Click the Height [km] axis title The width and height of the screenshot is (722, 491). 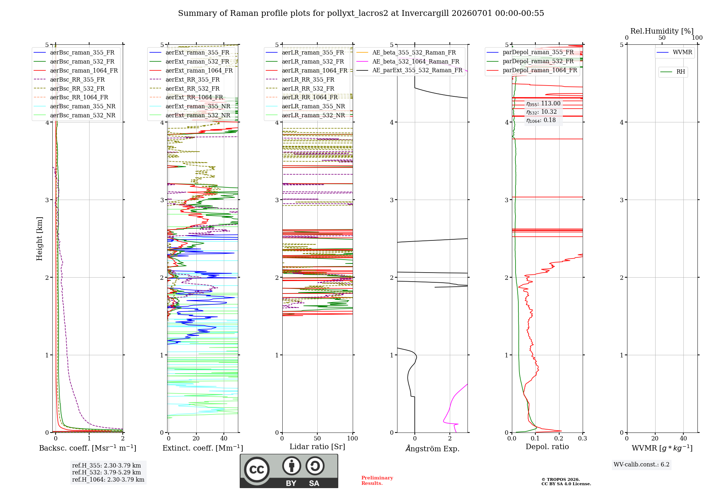tap(39, 239)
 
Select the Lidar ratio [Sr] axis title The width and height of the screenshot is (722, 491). tap(317, 447)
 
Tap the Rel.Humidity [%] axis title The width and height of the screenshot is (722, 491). tap(662, 31)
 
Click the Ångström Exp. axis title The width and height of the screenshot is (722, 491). tap(432, 448)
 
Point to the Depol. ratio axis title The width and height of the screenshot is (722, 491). tap(547, 447)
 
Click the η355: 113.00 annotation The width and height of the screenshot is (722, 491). tap(543, 104)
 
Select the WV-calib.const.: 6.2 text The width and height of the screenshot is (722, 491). tap(641, 465)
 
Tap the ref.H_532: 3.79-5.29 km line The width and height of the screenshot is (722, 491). tap(106, 473)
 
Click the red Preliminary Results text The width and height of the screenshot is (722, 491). tap(377, 481)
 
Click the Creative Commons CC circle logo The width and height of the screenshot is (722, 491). tap(257, 469)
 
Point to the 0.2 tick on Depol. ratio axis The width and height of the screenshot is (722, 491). tap(559, 439)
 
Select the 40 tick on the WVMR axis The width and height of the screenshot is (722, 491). tap(683, 439)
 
